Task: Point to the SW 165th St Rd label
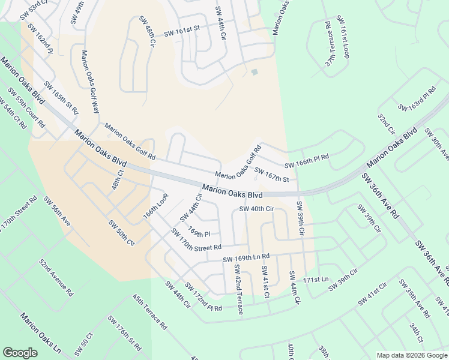[x=61, y=99]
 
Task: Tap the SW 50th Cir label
[x=121, y=233]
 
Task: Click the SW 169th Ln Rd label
[x=246, y=258]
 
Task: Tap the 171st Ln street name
[x=316, y=280]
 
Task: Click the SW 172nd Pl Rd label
[x=203, y=296]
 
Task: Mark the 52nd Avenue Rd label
[x=56, y=278]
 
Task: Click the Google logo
[x=20, y=353]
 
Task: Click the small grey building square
[x=255, y=73]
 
